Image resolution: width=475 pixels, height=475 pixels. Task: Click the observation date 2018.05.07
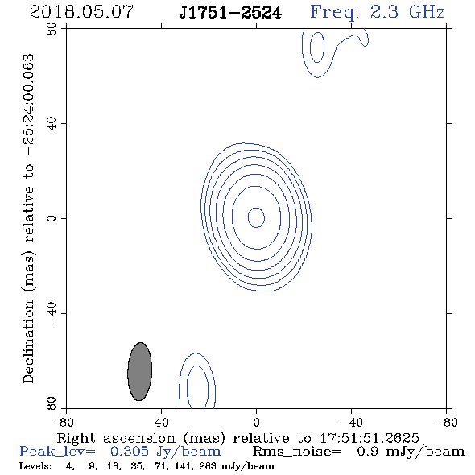click(81, 12)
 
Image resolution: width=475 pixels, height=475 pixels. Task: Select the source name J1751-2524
click(230, 12)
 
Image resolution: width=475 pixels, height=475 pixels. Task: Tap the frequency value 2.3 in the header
click(384, 12)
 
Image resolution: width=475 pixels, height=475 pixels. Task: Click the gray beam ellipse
click(139, 371)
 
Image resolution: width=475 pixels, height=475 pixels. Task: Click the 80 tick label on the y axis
click(52, 29)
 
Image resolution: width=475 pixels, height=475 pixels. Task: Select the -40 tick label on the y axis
click(52, 313)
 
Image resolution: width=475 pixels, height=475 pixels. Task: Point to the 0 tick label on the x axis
click(256, 423)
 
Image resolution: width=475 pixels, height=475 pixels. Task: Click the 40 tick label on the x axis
click(161, 423)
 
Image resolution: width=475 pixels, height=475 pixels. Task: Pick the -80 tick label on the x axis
click(446, 423)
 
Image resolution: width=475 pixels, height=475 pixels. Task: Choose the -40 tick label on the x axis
click(351, 423)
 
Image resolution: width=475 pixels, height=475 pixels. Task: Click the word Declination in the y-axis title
click(28, 341)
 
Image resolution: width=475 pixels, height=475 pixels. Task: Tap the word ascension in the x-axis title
click(139, 439)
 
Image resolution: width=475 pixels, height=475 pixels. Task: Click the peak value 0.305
click(130, 452)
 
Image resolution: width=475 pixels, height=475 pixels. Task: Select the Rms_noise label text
click(297, 452)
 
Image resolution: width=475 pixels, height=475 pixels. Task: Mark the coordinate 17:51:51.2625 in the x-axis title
click(370, 438)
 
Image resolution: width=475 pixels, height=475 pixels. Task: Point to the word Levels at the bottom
click(35, 466)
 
